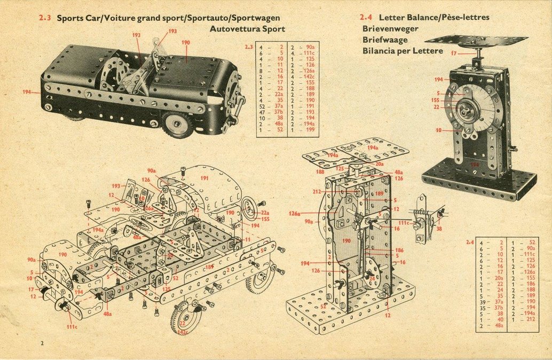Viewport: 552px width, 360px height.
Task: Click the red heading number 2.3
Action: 44,18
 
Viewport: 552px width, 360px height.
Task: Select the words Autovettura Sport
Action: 247,29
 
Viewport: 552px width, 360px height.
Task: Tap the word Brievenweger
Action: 390,29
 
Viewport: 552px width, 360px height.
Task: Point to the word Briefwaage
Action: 385,40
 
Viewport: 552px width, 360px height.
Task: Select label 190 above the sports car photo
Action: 185,42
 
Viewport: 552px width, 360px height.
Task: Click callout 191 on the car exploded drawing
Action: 204,178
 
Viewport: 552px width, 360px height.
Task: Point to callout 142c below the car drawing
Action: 183,332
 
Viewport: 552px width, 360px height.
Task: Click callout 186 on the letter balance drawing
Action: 399,250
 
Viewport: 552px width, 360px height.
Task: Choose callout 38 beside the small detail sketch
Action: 439,228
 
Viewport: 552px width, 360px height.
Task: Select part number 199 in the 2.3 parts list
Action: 310,130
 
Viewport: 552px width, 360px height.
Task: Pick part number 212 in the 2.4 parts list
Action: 531,319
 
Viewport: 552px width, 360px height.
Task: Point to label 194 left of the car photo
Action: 27,92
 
